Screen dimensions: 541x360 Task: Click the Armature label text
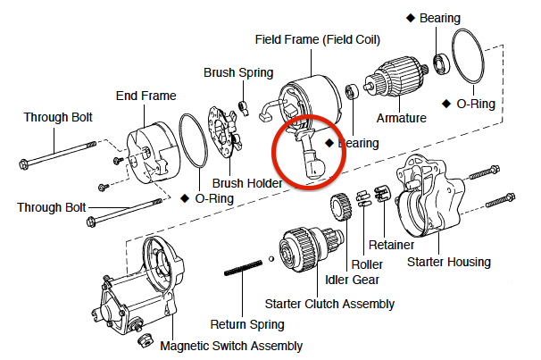(x=401, y=118)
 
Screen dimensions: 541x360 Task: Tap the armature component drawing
(x=396, y=78)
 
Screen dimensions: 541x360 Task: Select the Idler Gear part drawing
(x=341, y=207)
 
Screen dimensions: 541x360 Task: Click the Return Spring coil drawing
(x=243, y=268)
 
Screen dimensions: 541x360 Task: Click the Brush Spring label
(x=238, y=73)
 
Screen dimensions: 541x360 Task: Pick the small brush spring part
(x=244, y=108)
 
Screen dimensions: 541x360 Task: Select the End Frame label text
(x=146, y=96)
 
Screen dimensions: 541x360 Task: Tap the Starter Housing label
(x=449, y=262)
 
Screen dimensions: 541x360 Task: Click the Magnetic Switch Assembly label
(x=231, y=346)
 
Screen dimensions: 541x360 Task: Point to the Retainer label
(x=391, y=245)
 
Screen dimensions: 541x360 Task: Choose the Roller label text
(x=367, y=264)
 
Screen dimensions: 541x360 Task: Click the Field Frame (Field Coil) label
(x=318, y=39)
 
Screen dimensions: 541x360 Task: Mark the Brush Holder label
(x=247, y=183)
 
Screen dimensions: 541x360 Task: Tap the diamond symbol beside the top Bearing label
(x=411, y=18)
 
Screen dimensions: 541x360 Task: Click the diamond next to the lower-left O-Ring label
(x=185, y=198)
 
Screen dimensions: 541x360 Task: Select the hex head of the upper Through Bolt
(x=23, y=164)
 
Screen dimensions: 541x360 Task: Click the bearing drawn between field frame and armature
(x=352, y=91)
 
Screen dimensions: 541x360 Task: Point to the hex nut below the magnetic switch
(x=146, y=340)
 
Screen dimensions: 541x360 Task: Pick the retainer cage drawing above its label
(x=382, y=193)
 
